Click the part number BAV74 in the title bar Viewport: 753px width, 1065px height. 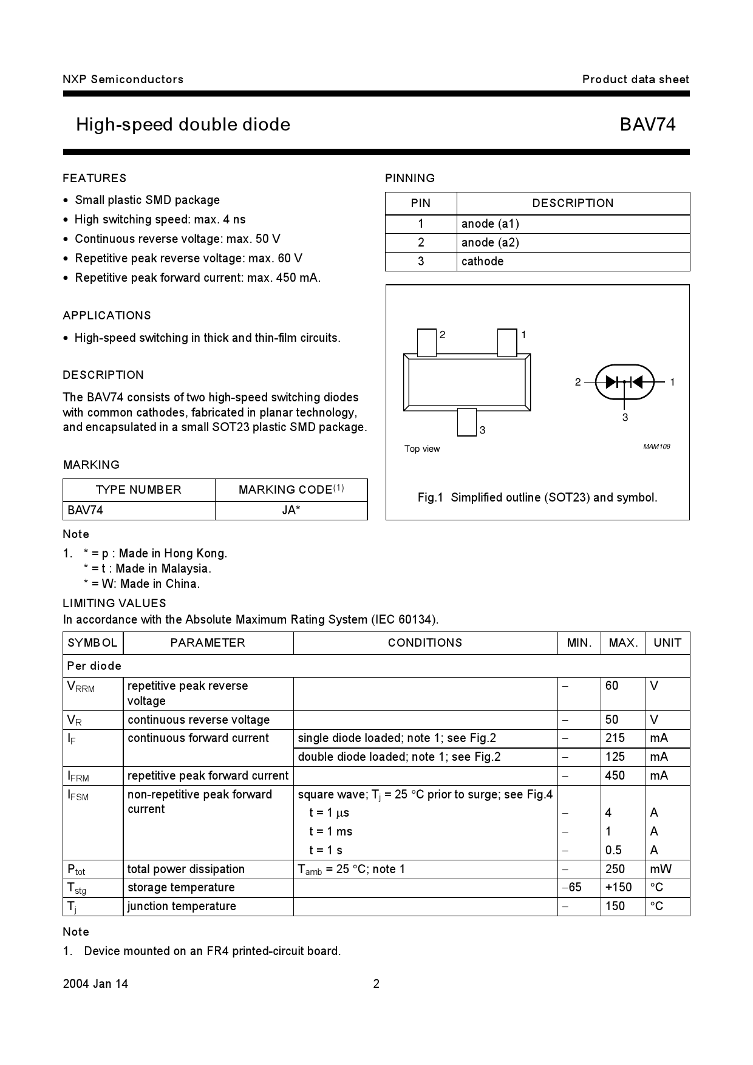[647, 124]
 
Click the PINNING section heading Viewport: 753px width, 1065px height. [410, 178]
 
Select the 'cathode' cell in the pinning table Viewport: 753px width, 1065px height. [483, 261]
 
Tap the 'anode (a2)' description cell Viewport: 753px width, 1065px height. [490, 242]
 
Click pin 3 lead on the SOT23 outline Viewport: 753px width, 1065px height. [466, 422]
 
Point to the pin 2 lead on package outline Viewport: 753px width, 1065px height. [427, 342]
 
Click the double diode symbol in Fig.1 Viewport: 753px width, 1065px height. [624, 382]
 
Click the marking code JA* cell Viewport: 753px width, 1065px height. [291, 511]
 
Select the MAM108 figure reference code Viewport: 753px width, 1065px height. [656, 446]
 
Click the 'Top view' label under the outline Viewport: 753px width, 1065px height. [422, 449]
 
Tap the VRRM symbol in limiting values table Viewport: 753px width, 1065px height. [81, 687]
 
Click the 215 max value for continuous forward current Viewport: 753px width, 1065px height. [615, 738]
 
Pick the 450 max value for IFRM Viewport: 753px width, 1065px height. [615, 775]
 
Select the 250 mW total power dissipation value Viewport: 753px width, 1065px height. [615, 869]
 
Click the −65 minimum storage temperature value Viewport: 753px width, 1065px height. [571, 887]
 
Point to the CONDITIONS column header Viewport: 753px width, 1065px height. [425, 642]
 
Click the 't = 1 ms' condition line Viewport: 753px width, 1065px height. [330, 831]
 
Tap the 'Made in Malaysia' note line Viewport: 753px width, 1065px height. [148, 568]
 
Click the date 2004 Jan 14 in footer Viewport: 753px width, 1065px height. [95, 984]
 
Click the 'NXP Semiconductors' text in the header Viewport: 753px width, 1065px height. [123, 79]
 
